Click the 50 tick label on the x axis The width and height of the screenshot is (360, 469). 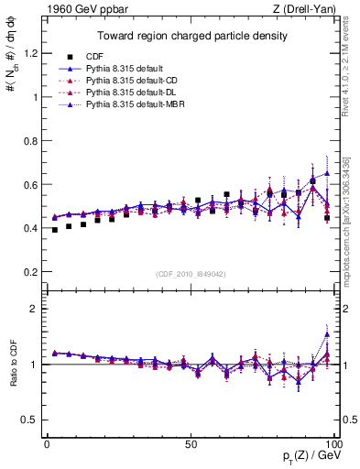(x=191, y=443)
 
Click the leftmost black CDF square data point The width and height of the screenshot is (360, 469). (x=55, y=230)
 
